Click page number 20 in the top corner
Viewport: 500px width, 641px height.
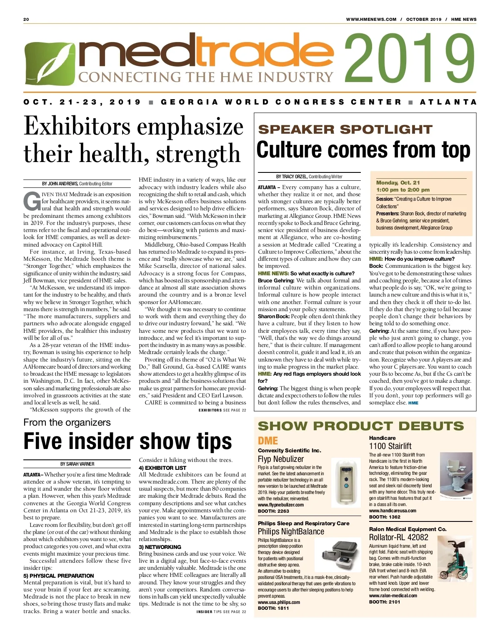coord(26,19)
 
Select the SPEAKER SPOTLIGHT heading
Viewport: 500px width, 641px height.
coord(345,130)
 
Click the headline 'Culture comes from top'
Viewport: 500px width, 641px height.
coord(363,150)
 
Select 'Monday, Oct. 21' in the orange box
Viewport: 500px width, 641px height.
coord(398,182)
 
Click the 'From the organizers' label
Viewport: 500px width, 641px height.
coord(67,422)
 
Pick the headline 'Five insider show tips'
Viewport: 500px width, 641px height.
coord(127,441)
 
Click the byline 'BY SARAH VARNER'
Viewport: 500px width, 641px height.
coord(77,464)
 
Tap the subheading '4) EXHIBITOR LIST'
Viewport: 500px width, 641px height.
coord(162,468)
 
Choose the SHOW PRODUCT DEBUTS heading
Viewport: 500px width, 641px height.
coord(360,426)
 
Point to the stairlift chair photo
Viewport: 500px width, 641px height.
coord(456,479)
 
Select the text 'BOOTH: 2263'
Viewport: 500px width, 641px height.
coord(273,511)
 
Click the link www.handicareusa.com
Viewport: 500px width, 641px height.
coord(392,510)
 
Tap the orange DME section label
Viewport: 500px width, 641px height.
coord(267,441)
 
